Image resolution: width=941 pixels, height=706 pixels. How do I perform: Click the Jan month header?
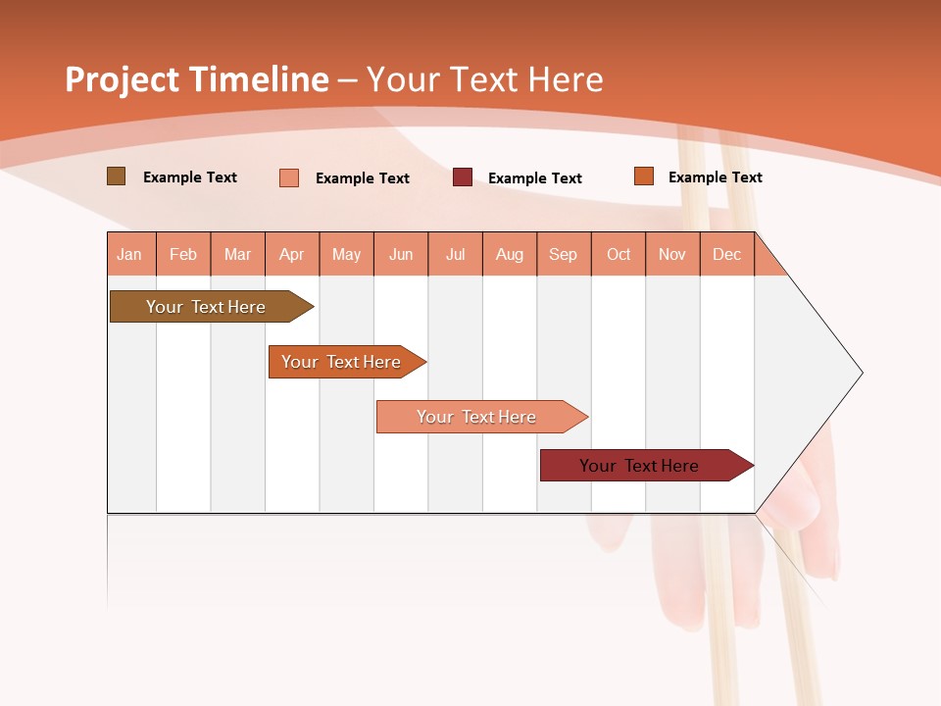pyautogui.click(x=129, y=254)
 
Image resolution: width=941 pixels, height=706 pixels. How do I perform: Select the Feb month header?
pyautogui.click(x=183, y=254)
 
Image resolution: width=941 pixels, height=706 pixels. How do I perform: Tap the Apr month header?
pyautogui.click(x=291, y=254)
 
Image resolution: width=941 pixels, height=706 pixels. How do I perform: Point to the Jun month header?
pyautogui.click(x=401, y=254)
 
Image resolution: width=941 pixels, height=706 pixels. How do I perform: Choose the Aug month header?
pyautogui.click(x=509, y=254)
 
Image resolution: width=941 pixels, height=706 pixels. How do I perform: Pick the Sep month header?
pyautogui.click(x=563, y=254)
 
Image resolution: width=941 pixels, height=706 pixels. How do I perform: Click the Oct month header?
pyautogui.click(x=619, y=254)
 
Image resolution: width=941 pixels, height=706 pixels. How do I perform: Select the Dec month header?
pyautogui.click(x=726, y=254)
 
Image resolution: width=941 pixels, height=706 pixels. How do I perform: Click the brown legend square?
pyautogui.click(x=117, y=176)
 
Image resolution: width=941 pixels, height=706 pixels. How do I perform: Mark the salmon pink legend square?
pyautogui.click(x=289, y=177)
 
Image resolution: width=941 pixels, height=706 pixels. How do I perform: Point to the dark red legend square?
pyautogui.click(x=463, y=177)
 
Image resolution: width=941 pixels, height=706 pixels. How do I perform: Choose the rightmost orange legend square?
pyautogui.click(x=644, y=176)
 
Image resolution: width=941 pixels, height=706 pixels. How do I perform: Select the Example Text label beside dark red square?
pyautogui.click(x=535, y=178)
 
